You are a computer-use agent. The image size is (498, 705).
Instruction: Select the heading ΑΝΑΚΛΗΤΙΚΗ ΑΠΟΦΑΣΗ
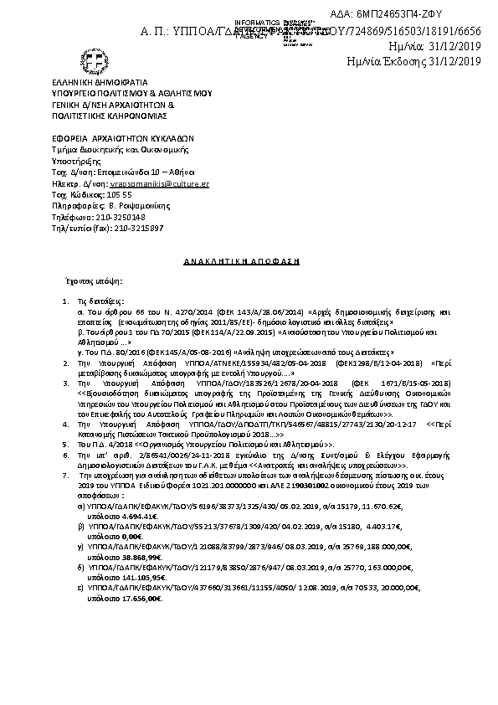(241, 262)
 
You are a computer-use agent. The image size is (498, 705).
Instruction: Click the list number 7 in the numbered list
(67, 474)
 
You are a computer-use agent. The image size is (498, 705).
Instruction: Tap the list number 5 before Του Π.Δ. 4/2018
(67, 445)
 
